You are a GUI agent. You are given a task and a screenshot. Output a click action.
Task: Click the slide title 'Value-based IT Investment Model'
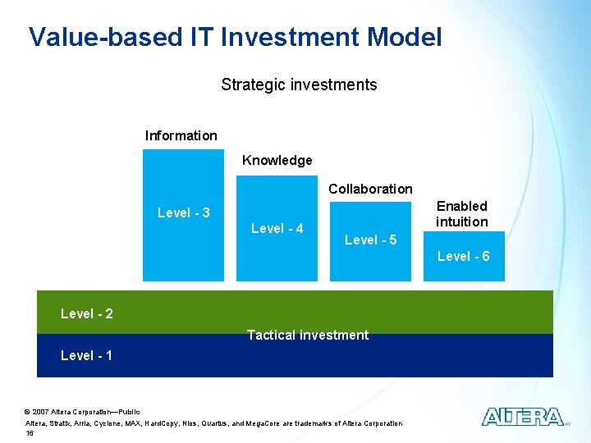click(x=235, y=37)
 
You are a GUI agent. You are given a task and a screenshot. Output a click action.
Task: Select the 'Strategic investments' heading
click(x=299, y=84)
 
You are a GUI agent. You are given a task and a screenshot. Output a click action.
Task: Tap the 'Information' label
click(x=181, y=135)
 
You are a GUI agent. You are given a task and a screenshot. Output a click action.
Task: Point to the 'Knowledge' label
click(x=277, y=160)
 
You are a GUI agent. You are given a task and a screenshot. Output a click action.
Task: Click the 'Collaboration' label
click(x=370, y=189)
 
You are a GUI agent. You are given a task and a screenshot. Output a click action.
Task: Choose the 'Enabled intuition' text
click(x=461, y=213)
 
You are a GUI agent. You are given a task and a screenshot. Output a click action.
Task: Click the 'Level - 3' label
click(x=183, y=212)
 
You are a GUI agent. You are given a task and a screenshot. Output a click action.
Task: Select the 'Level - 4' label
click(x=277, y=228)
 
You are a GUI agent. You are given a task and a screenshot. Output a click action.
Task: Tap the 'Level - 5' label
click(x=370, y=240)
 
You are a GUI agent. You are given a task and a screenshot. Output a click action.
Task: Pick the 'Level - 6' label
click(x=463, y=256)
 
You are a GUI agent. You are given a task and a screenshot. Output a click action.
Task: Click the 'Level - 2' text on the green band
click(x=87, y=313)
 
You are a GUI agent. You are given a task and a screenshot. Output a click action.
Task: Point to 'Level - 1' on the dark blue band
click(x=87, y=355)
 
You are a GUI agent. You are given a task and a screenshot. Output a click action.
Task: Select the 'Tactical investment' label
click(x=308, y=335)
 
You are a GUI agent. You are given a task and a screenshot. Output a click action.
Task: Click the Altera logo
click(x=523, y=417)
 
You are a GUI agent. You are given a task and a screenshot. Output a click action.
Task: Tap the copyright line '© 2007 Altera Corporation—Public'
click(x=83, y=411)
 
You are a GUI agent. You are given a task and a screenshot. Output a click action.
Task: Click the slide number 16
click(x=30, y=432)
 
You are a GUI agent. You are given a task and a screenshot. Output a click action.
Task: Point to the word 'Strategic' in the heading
click(x=250, y=84)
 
